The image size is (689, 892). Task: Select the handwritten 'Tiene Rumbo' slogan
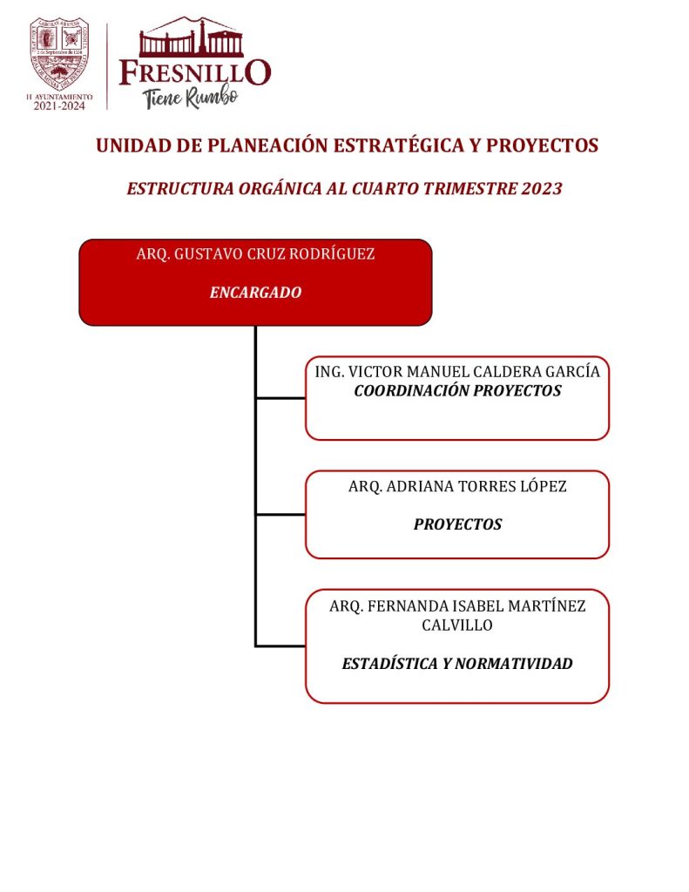pyautogui.click(x=191, y=98)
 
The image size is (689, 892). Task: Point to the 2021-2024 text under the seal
pyautogui.click(x=59, y=106)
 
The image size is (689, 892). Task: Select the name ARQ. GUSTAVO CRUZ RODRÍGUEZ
pyautogui.click(x=255, y=254)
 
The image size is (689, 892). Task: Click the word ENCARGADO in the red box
pyautogui.click(x=255, y=293)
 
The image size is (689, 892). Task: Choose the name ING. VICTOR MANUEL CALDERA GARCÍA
pyautogui.click(x=457, y=371)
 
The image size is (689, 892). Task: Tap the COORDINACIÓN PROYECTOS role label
pyautogui.click(x=457, y=391)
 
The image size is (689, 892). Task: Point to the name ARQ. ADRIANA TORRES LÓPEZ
pyautogui.click(x=457, y=486)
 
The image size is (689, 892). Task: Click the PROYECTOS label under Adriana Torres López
pyautogui.click(x=457, y=524)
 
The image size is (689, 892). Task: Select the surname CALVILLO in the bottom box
pyautogui.click(x=457, y=625)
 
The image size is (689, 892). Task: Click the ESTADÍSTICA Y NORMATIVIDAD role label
pyautogui.click(x=457, y=664)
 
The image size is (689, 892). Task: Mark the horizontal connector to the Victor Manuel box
pyautogui.click(x=280, y=398)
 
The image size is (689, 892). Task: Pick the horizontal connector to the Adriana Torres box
pyautogui.click(x=280, y=514)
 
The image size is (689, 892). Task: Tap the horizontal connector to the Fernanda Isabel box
pyautogui.click(x=280, y=645)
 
